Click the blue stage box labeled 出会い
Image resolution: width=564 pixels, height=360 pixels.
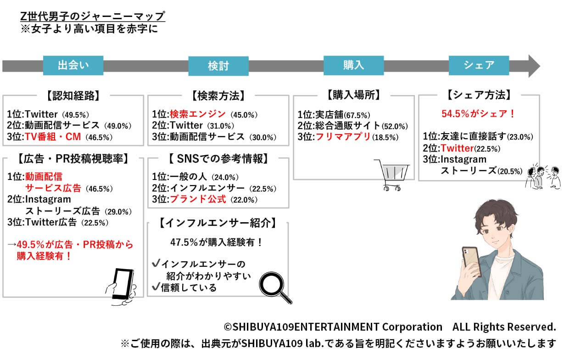pos(73,66)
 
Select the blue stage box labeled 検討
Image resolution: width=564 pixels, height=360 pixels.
pos(218,66)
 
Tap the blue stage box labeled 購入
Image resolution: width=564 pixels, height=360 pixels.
pos(353,65)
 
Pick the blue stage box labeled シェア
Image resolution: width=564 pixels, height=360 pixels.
pos(479,65)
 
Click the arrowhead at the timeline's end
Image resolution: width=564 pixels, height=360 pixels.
pos(533,66)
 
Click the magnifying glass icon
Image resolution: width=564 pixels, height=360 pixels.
pos(276,287)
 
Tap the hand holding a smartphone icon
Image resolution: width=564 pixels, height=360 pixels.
pos(121,287)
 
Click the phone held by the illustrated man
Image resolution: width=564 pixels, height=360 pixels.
pos(470,262)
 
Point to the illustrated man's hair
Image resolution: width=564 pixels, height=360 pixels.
pos(493,216)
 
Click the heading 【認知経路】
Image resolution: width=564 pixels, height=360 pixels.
pos(73,96)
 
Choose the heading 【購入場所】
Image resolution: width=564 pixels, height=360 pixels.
pos(354,95)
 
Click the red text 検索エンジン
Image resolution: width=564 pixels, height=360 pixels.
pos(198,114)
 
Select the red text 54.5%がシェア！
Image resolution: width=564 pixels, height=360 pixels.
pos(478,113)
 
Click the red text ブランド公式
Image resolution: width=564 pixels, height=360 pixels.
pos(198,199)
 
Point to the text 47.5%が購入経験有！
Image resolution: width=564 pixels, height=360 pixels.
pos(217,242)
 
